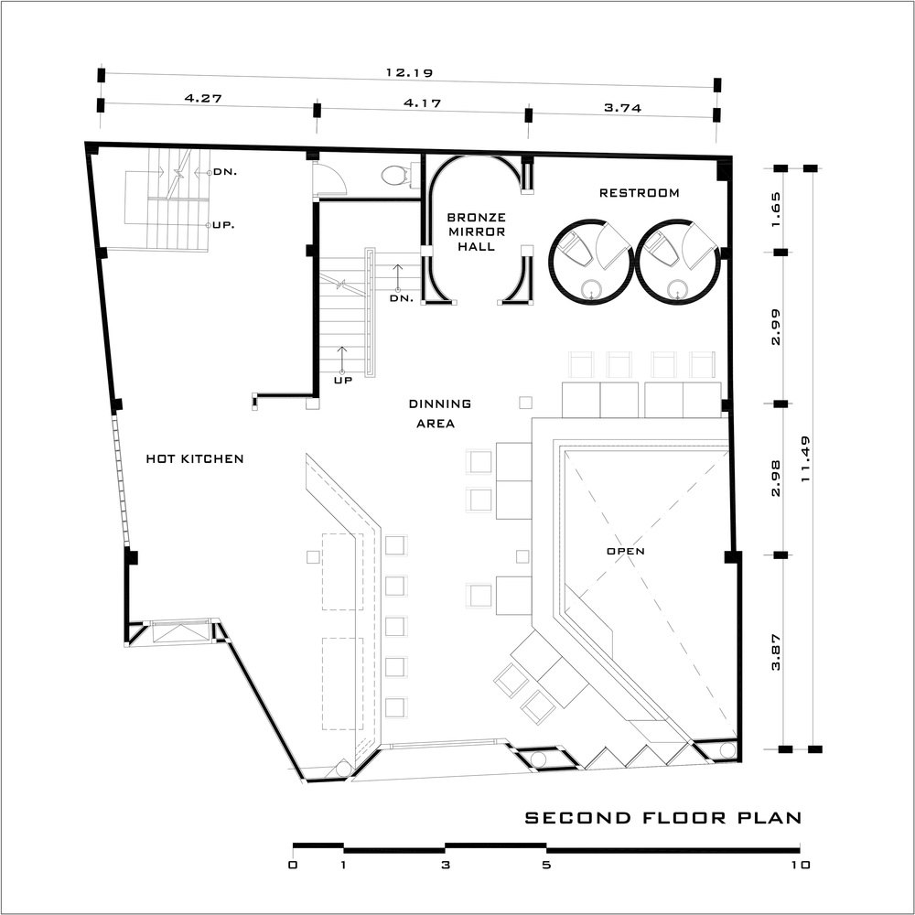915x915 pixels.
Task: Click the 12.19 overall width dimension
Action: pos(409,73)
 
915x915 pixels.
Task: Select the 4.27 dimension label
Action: pos(203,98)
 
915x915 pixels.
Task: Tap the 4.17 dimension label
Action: pos(423,103)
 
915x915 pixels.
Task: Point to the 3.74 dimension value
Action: pos(622,108)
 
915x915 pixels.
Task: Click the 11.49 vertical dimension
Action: pos(806,458)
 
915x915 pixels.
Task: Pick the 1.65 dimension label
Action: pos(776,210)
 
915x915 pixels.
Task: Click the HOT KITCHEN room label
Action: pos(195,458)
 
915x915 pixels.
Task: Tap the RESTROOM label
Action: pos(640,192)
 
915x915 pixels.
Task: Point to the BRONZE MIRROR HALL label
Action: pos(476,231)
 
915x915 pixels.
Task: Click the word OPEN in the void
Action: pos(626,551)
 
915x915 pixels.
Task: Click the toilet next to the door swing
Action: pos(396,175)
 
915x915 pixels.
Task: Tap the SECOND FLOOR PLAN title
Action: pos(663,817)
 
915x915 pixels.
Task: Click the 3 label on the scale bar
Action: pos(446,865)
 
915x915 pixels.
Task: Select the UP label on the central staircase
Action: pos(343,381)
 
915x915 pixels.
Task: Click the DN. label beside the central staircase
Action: pos(402,298)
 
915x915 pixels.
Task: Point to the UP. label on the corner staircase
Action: pos(223,225)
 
